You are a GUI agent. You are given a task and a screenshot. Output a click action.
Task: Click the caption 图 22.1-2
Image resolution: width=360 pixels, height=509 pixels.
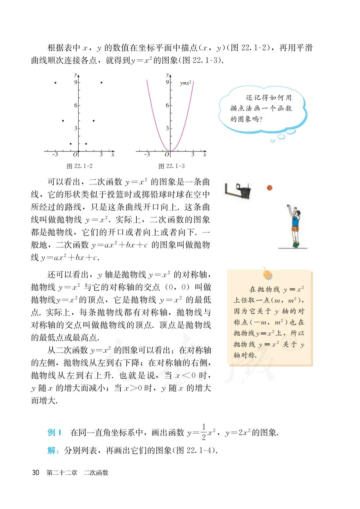(x=79, y=166)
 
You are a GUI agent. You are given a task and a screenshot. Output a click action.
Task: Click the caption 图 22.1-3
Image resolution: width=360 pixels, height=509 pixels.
(x=171, y=166)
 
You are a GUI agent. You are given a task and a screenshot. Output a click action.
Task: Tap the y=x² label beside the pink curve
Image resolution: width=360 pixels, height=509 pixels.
(x=185, y=83)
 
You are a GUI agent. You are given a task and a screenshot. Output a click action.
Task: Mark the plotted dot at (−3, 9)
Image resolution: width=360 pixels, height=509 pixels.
(x=55, y=83)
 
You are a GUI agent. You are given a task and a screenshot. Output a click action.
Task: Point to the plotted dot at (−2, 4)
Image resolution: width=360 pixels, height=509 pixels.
(x=63, y=121)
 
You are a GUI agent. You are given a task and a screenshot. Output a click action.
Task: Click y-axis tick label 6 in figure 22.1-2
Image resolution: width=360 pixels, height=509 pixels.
(x=76, y=105)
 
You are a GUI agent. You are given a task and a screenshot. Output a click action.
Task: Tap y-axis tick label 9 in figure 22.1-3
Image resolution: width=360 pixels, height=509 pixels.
(x=167, y=82)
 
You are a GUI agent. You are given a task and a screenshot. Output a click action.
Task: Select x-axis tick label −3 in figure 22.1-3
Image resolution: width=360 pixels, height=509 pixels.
(x=147, y=154)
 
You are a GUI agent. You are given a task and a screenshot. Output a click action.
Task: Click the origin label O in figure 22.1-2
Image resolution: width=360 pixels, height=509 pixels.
(x=75, y=154)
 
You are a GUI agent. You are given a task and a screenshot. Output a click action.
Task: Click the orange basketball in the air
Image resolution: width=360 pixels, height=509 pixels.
(x=269, y=188)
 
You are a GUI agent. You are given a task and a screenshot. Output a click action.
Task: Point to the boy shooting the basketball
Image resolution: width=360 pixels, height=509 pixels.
(x=294, y=227)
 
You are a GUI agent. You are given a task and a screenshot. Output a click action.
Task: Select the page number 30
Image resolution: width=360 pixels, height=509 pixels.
(x=36, y=473)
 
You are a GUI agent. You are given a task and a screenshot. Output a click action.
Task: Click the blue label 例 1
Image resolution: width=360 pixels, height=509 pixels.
(x=54, y=433)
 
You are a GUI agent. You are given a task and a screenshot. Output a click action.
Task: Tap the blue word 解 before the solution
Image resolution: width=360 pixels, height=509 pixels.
(x=52, y=451)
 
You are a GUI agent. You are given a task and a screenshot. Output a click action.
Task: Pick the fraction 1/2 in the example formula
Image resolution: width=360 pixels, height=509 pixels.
(x=204, y=432)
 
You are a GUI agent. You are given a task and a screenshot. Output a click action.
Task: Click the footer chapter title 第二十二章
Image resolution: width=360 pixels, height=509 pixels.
(x=62, y=473)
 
